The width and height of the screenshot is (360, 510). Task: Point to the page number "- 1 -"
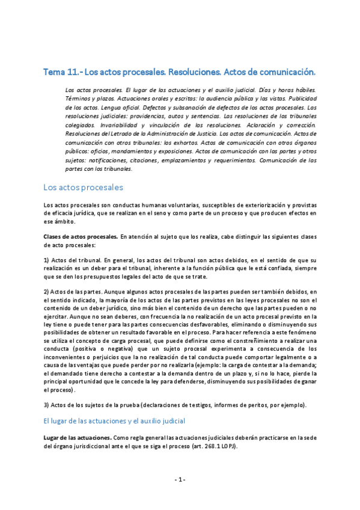[x=180, y=479]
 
